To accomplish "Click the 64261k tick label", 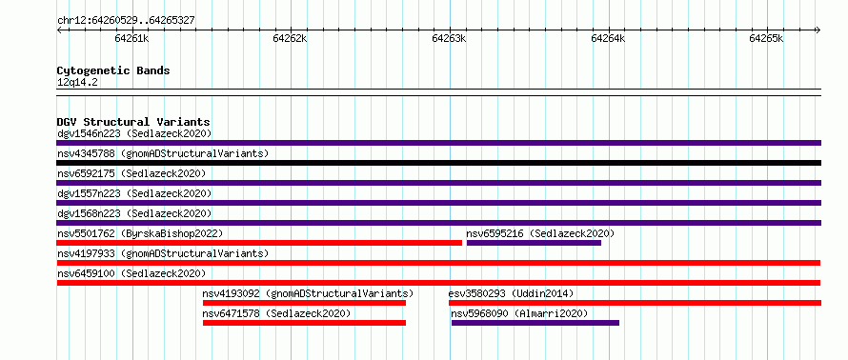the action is [x=131, y=39].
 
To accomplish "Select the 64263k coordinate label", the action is [x=450, y=39].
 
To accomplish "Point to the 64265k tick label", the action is [x=766, y=39].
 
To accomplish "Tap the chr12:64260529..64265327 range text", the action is [x=126, y=21].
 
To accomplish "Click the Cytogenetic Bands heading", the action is [x=113, y=70].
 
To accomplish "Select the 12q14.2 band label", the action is [x=77, y=82].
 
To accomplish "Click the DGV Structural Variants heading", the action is [x=133, y=122].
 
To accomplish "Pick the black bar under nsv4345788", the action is [x=438, y=163].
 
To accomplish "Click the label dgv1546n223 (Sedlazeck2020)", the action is [x=134, y=133].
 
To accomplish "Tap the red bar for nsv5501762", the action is [x=259, y=243].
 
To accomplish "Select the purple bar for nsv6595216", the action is [x=534, y=243].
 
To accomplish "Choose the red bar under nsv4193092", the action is [x=305, y=303].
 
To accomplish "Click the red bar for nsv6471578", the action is [x=305, y=323].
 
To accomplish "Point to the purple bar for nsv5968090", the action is [x=535, y=323].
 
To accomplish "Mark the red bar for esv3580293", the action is [x=635, y=303].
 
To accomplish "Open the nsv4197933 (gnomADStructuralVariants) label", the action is [x=163, y=253].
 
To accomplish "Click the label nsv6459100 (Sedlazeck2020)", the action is [x=131, y=273].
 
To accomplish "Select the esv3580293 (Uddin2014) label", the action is [x=511, y=293].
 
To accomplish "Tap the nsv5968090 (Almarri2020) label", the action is [x=519, y=313].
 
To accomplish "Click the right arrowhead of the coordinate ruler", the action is [x=818, y=30].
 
